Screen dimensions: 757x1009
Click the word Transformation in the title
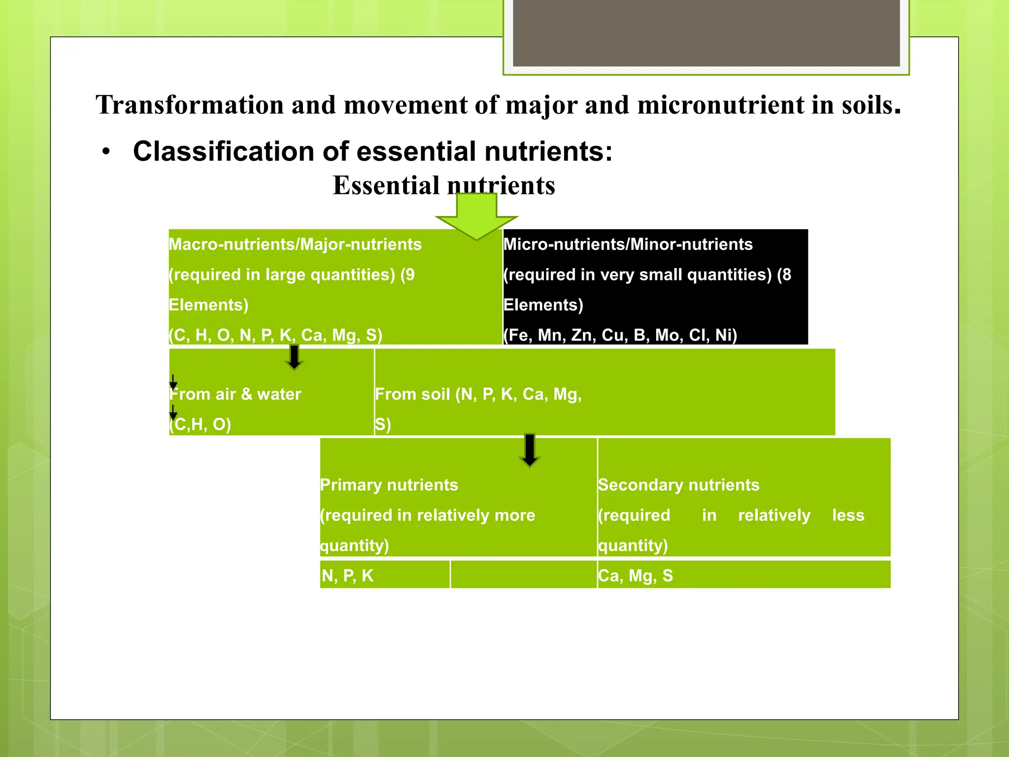[190, 105]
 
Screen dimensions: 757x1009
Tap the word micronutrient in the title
[720, 105]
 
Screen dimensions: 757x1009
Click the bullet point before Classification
[106, 153]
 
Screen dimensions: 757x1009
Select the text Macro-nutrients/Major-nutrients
[295, 244]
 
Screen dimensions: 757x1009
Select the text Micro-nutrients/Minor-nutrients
[628, 244]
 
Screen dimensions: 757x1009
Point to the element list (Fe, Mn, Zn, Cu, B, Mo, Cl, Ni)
[620, 335]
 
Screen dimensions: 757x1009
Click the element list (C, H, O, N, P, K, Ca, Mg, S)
[275, 335]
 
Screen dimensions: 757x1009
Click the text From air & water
[235, 394]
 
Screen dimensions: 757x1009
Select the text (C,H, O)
[200, 424]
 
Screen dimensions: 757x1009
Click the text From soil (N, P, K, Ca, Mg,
[478, 394]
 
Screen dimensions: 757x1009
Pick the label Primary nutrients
[389, 485]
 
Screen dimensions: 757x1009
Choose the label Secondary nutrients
[678, 485]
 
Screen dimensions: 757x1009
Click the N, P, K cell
[347, 576]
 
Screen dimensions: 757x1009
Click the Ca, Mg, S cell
[635, 576]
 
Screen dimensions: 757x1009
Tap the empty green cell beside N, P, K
[523, 575]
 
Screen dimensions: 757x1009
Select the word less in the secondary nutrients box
[848, 516]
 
